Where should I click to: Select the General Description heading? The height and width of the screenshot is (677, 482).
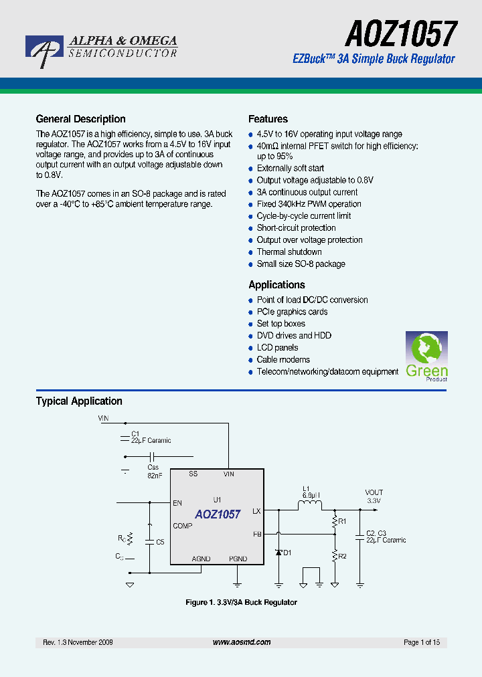(x=80, y=119)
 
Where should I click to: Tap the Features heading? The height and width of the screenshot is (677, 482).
(x=268, y=119)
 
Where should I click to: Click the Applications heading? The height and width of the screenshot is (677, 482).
(x=276, y=285)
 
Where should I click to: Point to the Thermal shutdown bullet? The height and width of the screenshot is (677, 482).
(x=289, y=252)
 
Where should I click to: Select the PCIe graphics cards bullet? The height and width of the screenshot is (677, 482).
(x=292, y=312)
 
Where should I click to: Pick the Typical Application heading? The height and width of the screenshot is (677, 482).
(x=79, y=401)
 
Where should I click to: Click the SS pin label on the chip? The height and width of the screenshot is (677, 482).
(x=193, y=474)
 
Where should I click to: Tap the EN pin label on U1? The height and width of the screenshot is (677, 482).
(x=177, y=503)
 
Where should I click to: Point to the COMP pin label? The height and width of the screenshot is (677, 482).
(x=182, y=526)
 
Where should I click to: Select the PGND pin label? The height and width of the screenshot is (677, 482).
(x=238, y=559)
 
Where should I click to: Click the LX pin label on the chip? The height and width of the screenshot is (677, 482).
(x=256, y=511)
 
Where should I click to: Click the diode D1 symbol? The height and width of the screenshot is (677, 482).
(x=278, y=553)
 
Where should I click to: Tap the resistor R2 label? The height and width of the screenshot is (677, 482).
(x=343, y=557)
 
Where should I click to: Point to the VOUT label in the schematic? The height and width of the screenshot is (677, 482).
(x=374, y=492)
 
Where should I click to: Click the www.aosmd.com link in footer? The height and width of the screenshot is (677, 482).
(x=242, y=642)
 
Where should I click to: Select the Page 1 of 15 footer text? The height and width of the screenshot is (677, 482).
(x=422, y=642)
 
